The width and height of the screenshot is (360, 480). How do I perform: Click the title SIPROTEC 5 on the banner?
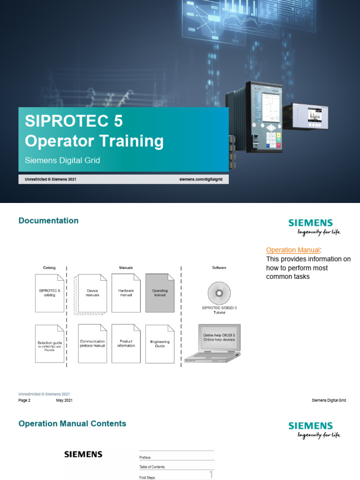(x=74, y=121)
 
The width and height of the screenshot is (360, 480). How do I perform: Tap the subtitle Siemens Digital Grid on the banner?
(x=62, y=160)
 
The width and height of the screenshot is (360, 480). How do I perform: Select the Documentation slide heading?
(x=48, y=221)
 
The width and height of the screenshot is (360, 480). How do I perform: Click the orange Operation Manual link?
(x=293, y=250)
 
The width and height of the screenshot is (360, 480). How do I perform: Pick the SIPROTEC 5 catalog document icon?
(x=49, y=293)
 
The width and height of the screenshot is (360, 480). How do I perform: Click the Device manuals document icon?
(x=92, y=293)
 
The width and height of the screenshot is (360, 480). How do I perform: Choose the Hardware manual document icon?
(x=126, y=293)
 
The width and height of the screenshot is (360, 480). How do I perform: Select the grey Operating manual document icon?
(x=159, y=293)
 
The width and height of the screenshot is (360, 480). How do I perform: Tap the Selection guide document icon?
(x=49, y=344)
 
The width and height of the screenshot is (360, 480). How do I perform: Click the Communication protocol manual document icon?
(x=92, y=344)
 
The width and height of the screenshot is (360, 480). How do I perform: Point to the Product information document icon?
(x=126, y=344)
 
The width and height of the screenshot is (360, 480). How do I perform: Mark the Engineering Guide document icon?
(x=159, y=344)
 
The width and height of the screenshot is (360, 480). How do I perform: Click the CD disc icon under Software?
(x=219, y=293)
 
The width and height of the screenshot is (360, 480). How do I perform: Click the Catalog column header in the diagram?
(x=49, y=268)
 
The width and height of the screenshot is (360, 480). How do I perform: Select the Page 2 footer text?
(x=24, y=400)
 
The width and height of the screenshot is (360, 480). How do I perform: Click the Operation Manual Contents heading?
(x=72, y=424)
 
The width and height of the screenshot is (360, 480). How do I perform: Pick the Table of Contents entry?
(x=152, y=467)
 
